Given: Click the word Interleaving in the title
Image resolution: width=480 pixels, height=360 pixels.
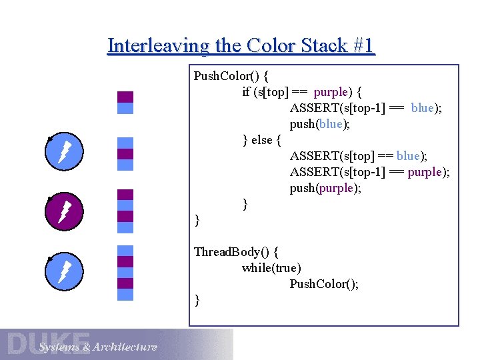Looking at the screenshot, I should (x=157, y=46).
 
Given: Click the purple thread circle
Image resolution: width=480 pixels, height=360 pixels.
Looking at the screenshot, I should (x=64, y=211).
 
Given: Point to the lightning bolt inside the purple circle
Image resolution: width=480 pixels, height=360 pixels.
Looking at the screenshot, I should (x=65, y=211).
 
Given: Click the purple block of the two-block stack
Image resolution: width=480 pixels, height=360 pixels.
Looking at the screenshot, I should (x=125, y=97).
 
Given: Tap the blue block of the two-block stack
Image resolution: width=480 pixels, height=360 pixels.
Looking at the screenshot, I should (x=125, y=108).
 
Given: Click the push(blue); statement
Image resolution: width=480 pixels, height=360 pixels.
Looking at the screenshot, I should (x=320, y=123).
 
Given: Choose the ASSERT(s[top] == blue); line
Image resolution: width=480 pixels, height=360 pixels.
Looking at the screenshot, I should (x=359, y=156).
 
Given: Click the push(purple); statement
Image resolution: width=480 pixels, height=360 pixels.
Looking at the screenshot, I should (x=325, y=188).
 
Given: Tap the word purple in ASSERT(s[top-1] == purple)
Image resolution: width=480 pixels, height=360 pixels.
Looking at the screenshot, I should (x=428, y=172).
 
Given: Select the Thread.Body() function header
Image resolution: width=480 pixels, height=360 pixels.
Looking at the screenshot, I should (x=236, y=252).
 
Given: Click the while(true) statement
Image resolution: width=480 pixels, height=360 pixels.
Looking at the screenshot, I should (x=271, y=268).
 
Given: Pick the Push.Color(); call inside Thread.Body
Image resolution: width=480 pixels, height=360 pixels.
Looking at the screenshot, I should (x=324, y=284).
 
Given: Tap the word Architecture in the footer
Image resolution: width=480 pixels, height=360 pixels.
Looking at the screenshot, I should (x=125, y=347).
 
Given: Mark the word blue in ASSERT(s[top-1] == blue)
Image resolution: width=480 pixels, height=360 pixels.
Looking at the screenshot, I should (x=423, y=107).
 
